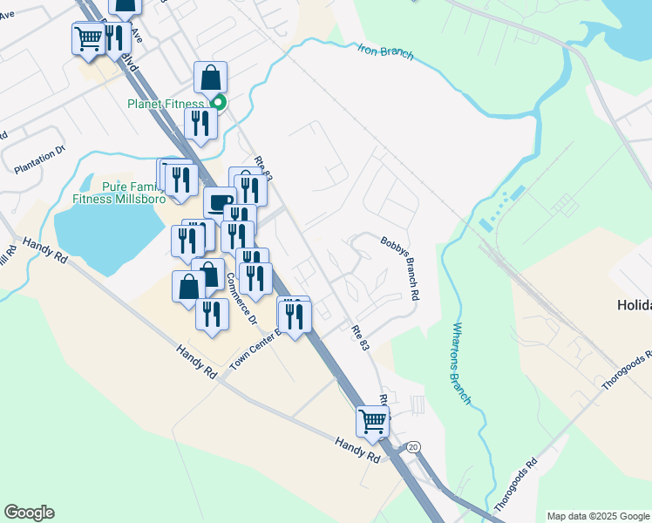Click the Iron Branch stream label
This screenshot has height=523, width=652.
point(384,52)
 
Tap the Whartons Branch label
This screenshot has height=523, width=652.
point(462,363)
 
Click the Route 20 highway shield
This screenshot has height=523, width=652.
point(412,447)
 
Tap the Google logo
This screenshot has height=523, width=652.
point(29,513)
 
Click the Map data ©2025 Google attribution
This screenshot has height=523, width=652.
point(597,516)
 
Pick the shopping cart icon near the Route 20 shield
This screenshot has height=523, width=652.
point(372,422)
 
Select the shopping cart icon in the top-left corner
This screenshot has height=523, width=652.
point(88,38)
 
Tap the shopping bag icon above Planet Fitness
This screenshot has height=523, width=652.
point(211,78)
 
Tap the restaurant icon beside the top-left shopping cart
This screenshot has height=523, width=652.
point(115,38)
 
